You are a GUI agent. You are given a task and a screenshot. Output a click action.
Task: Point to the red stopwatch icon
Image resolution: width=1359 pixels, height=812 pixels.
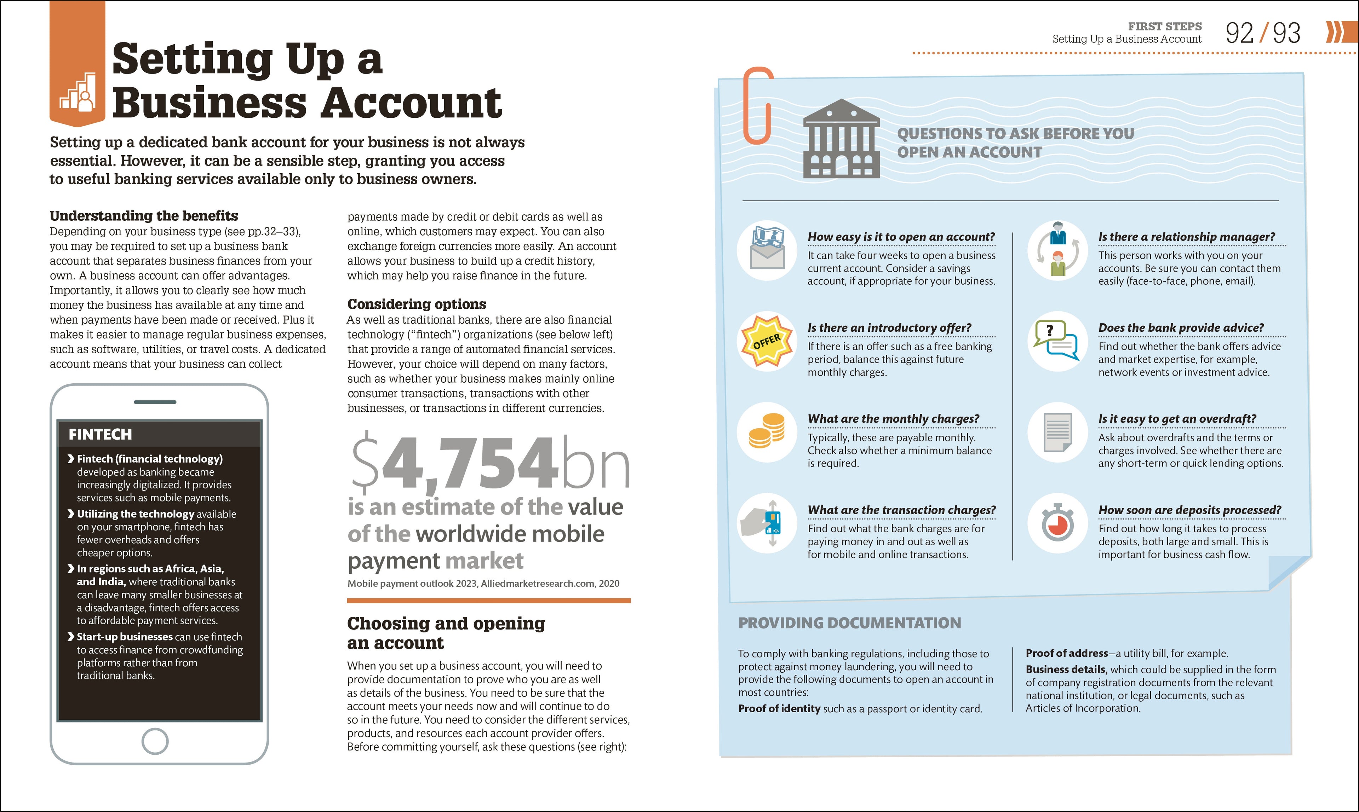click(1058, 523)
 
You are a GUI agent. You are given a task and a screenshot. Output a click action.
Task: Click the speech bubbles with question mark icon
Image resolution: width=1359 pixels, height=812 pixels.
click(1056, 340)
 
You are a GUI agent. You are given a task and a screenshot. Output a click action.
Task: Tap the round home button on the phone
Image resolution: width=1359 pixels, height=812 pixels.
click(155, 741)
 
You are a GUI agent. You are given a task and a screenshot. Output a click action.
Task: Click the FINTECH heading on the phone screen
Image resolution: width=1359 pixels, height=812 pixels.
click(100, 434)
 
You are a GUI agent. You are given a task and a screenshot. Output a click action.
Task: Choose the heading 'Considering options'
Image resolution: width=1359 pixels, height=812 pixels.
click(416, 304)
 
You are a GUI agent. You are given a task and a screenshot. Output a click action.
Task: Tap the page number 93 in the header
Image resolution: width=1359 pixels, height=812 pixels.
click(1286, 33)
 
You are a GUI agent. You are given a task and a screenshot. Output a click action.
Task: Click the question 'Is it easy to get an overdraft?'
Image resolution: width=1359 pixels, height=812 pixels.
click(1177, 419)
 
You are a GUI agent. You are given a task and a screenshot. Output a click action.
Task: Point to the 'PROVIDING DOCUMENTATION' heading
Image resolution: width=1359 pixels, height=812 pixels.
click(849, 623)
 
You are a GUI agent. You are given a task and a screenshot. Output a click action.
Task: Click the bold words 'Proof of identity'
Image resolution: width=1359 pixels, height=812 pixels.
click(779, 709)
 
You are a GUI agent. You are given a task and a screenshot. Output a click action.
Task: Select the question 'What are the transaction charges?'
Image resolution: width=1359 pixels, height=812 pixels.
click(901, 510)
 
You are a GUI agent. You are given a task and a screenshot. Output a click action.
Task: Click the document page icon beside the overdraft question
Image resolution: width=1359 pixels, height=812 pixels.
click(1057, 432)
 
